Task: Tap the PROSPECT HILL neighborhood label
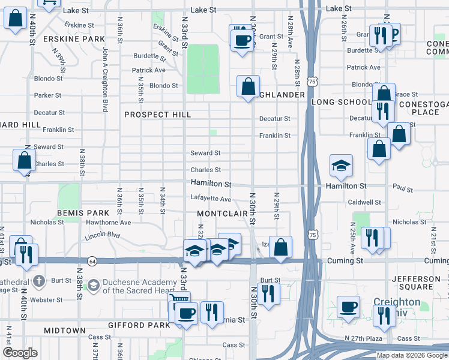(x=157, y=115)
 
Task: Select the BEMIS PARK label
(x=83, y=213)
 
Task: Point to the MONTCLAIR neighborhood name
(x=223, y=214)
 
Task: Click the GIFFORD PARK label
(x=134, y=325)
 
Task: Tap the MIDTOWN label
(x=64, y=331)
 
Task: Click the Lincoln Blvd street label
(x=102, y=235)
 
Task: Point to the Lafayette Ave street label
(x=211, y=199)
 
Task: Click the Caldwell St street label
(x=364, y=203)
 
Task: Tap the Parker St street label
(x=47, y=95)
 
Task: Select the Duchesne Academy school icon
(x=93, y=284)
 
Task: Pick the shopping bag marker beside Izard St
(x=280, y=246)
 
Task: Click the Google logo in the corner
(x=20, y=353)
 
